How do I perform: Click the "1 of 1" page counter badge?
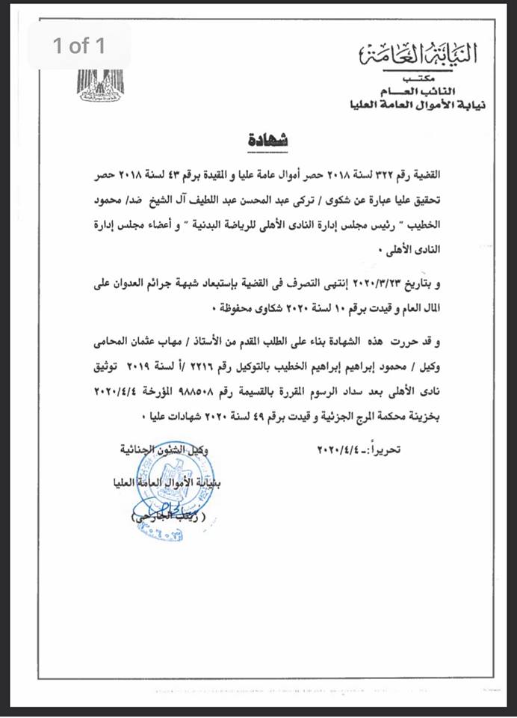tap(79, 46)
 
